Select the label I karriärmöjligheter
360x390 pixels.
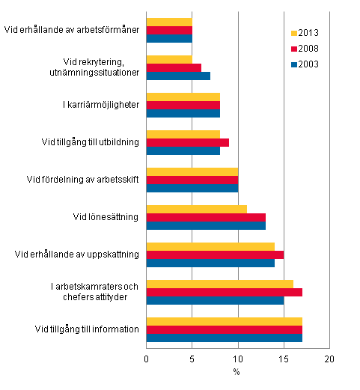pyautogui.click(x=100, y=106)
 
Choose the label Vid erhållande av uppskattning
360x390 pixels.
pyautogui.click(x=77, y=254)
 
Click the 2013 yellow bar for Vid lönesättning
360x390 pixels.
pyautogui.click(x=197, y=208)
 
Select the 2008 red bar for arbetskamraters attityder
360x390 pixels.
pyautogui.click(x=225, y=291)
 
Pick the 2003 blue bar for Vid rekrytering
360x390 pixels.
pyautogui.click(x=178, y=76)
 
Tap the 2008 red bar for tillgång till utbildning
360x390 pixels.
pyautogui.click(x=188, y=142)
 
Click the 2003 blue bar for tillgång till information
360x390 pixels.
pyautogui.click(x=225, y=337)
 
